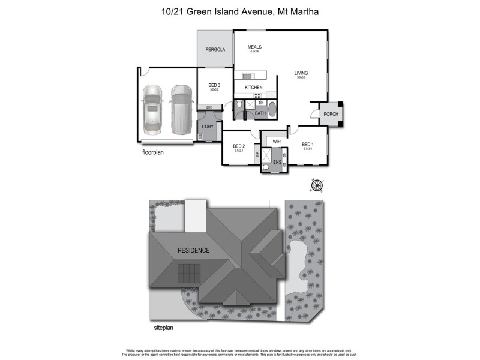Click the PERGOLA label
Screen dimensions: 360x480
coord(215,50)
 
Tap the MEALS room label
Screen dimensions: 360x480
coord(255,47)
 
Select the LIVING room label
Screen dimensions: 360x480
coord(301,73)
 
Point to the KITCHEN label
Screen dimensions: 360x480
coord(254,88)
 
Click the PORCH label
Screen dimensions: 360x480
coord(331,114)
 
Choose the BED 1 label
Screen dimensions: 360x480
coord(308,145)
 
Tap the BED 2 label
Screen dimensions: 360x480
coord(239,146)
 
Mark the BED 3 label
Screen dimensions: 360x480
coord(214,86)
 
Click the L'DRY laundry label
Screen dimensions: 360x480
coord(208,127)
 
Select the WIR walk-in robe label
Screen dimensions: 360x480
coord(277,142)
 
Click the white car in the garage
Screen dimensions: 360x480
coord(154,108)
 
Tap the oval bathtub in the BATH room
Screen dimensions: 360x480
coord(273,110)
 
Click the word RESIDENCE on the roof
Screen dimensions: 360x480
coord(193,250)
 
